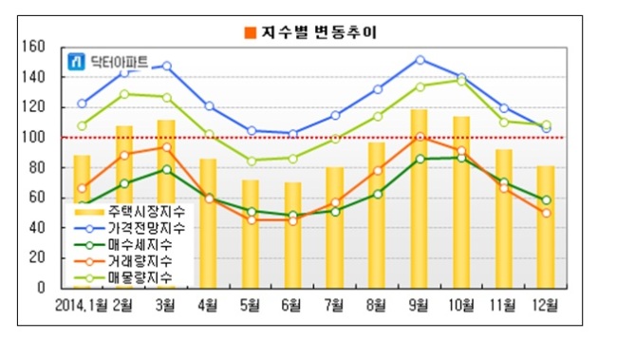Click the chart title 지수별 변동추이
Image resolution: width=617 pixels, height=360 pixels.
[x=319, y=32]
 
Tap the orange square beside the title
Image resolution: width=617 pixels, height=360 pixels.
[x=251, y=32]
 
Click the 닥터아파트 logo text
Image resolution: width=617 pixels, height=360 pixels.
[x=120, y=62]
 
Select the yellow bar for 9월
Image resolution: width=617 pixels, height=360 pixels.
[x=419, y=199]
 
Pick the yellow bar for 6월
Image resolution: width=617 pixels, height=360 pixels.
[x=293, y=236]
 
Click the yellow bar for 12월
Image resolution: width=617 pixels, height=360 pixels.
[x=546, y=227]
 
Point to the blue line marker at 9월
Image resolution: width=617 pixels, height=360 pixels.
[x=420, y=60]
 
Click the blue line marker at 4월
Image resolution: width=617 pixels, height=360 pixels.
[x=210, y=106]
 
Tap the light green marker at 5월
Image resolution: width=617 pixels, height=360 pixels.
[x=252, y=161]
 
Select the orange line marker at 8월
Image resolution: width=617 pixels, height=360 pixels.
[x=378, y=171]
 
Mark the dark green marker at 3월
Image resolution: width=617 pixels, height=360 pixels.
[x=167, y=170]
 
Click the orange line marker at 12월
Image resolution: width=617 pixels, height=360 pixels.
[x=546, y=213]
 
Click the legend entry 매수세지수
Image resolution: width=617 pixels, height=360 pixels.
[x=123, y=245]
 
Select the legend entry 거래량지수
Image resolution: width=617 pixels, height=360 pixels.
[x=123, y=261]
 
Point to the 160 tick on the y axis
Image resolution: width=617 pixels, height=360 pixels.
[x=33, y=47]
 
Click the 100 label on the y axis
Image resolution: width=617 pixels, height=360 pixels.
[x=33, y=138]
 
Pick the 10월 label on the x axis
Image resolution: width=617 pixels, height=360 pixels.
[x=461, y=305]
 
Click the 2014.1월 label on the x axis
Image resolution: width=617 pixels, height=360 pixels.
[x=81, y=305]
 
